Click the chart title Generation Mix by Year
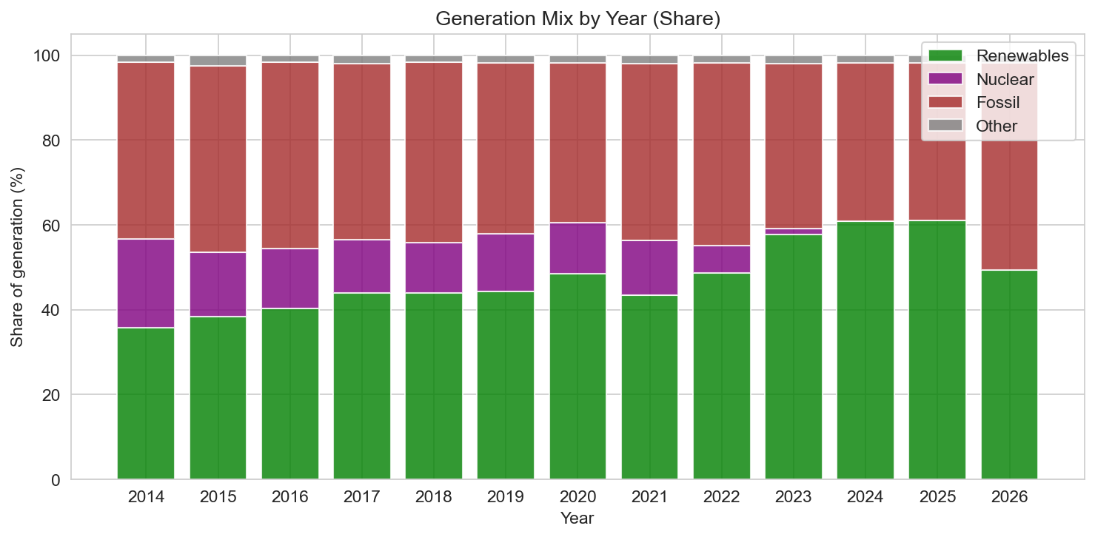click(x=577, y=19)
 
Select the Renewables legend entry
click(x=1022, y=55)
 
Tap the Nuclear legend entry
click(x=1004, y=79)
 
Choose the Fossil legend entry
click(x=997, y=102)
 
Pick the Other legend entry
click(x=997, y=126)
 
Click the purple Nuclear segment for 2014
click(x=146, y=283)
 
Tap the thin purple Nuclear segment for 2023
click(x=793, y=232)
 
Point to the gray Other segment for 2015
click(x=218, y=61)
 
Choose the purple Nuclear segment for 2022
click(x=721, y=259)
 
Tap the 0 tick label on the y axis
click(x=56, y=479)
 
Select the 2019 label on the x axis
click(x=506, y=496)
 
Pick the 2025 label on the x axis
click(x=937, y=496)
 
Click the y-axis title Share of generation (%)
click(x=18, y=257)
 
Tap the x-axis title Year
click(x=577, y=518)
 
